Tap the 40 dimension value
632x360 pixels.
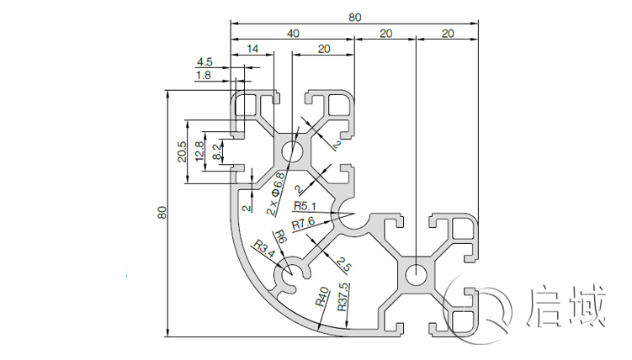[x=292, y=34]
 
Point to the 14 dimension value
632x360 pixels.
[x=252, y=50]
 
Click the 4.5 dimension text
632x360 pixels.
[x=204, y=62]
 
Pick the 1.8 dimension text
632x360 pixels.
[x=203, y=76]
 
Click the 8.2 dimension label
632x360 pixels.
[x=217, y=152]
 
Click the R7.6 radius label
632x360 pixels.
[x=303, y=224]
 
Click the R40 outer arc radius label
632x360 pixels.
[x=321, y=296]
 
